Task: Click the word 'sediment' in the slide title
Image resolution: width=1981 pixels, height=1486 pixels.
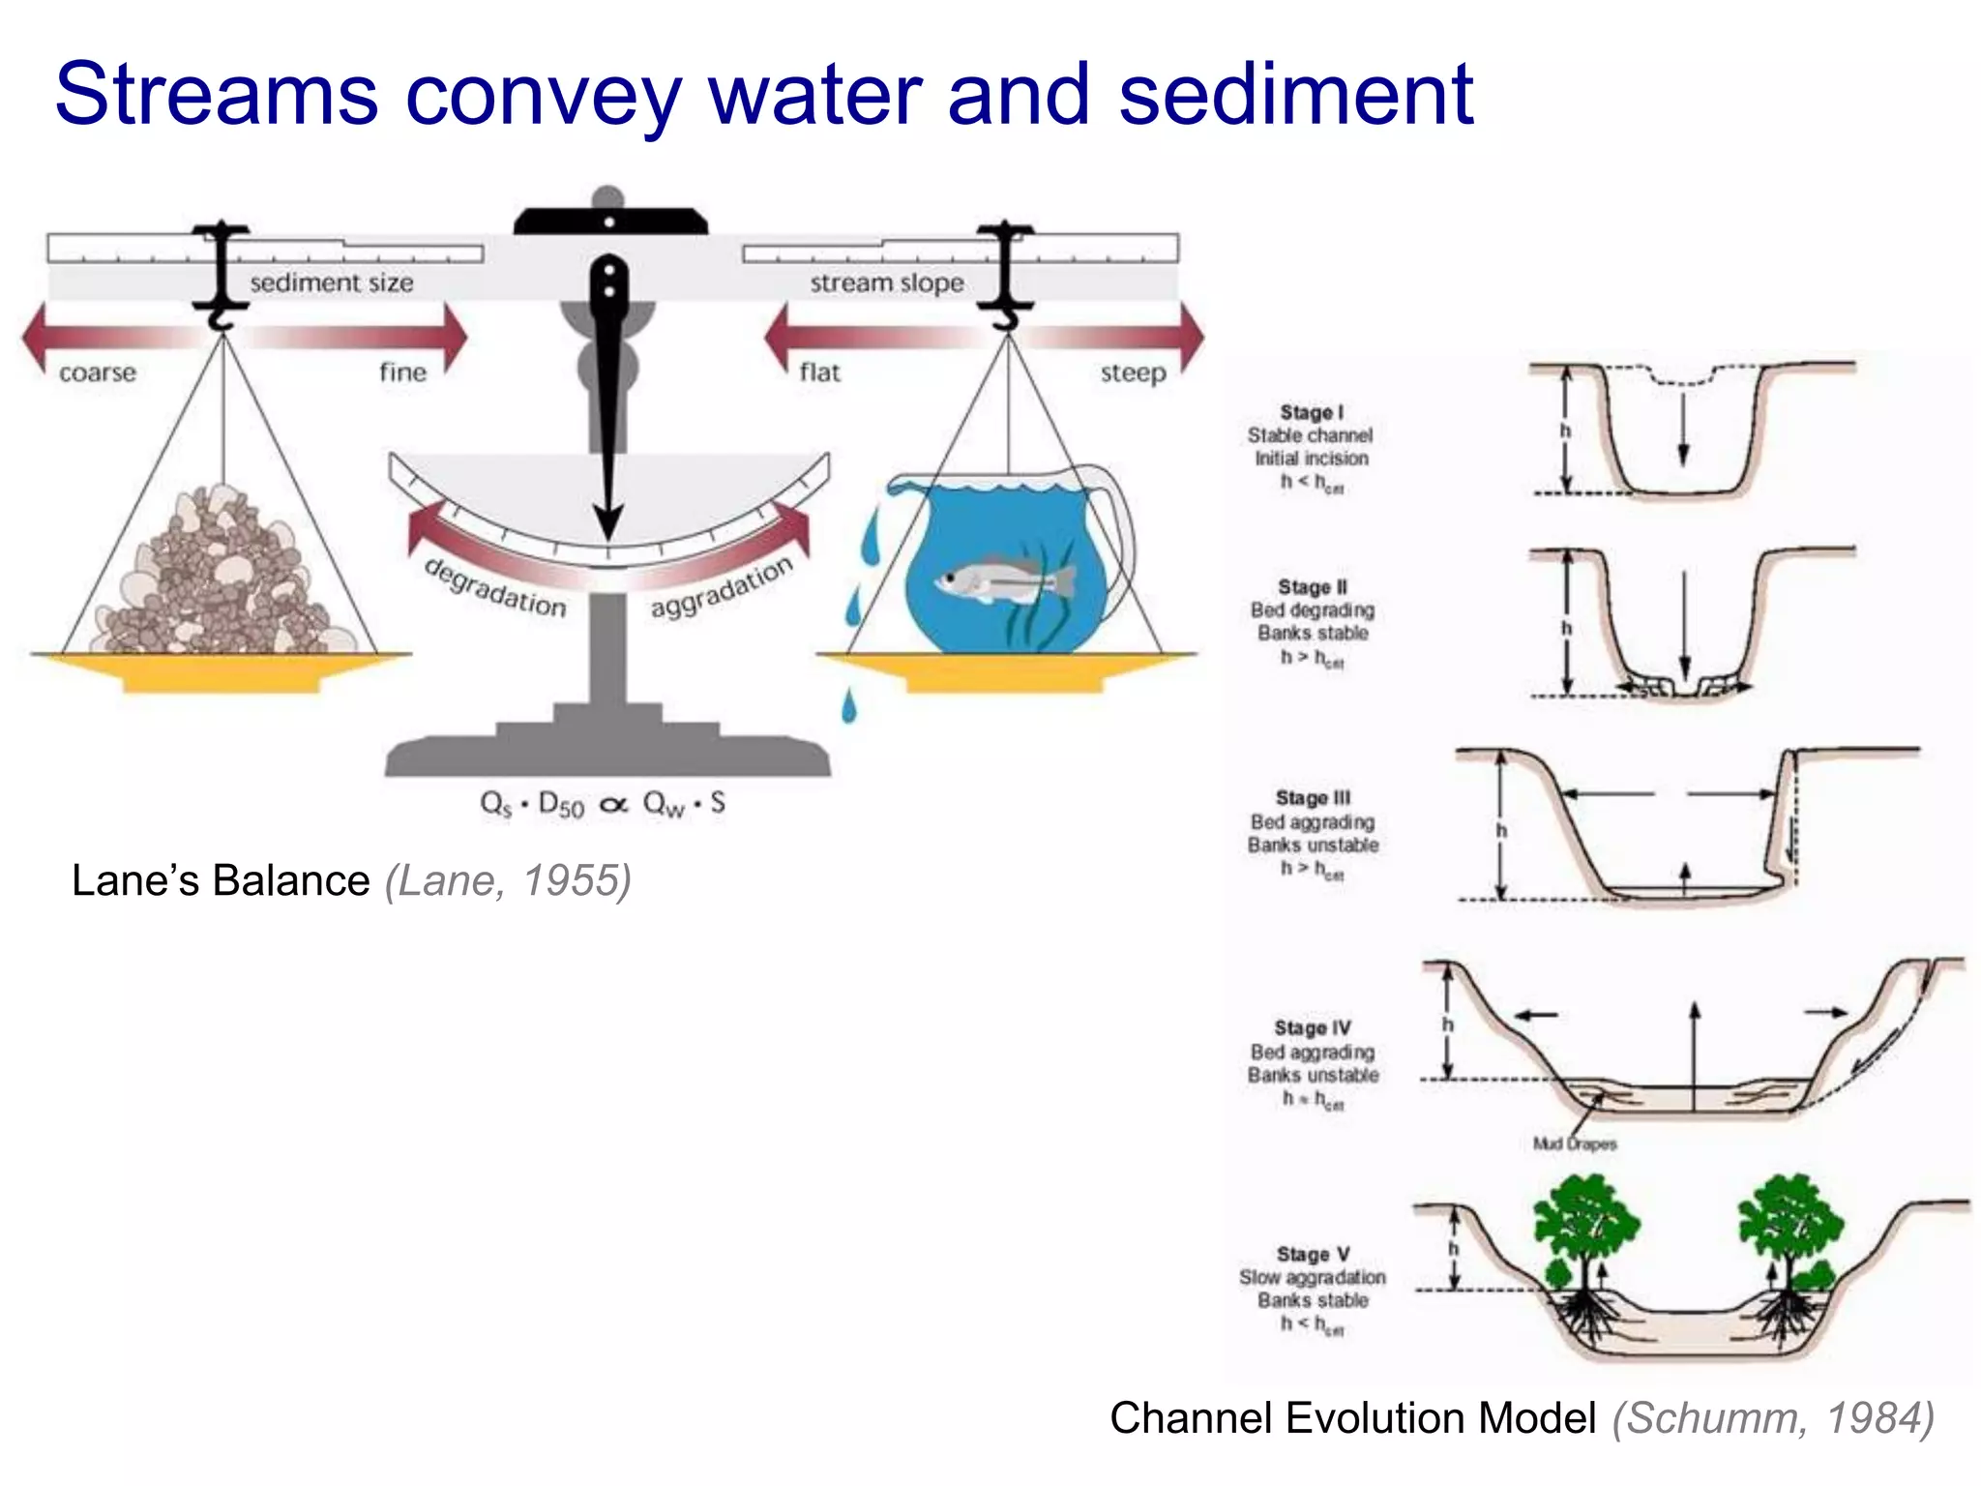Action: [x=1295, y=94]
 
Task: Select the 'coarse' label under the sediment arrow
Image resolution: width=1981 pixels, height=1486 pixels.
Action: [x=98, y=372]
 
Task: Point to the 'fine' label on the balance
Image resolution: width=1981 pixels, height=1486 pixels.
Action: [x=402, y=372]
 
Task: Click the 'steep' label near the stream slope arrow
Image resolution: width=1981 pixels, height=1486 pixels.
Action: [x=1133, y=372]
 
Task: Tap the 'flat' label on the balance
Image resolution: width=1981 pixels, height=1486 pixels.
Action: [x=819, y=372]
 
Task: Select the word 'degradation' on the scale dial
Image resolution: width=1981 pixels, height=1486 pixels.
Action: [x=495, y=588]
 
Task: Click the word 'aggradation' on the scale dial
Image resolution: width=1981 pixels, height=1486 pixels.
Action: [x=722, y=586]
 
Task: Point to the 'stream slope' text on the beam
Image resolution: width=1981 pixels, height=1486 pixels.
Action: [x=886, y=282]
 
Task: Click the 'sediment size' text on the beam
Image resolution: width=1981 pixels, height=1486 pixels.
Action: [x=331, y=282]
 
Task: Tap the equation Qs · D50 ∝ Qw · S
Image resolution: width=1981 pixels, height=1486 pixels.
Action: [x=603, y=804]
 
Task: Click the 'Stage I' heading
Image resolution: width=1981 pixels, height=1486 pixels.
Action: [x=1312, y=412]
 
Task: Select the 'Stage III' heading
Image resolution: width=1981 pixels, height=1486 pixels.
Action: [x=1313, y=798]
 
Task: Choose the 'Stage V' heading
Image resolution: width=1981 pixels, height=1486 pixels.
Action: [x=1313, y=1254]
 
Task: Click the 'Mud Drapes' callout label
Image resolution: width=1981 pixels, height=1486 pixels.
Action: [x=1574, y=1144]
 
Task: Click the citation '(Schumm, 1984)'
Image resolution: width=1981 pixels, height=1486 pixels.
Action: [x=1772, y=1418]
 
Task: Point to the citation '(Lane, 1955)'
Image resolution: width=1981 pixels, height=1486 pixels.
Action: [x=508, y=880]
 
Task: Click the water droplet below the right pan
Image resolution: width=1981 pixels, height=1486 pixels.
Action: [x=848, y=705]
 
